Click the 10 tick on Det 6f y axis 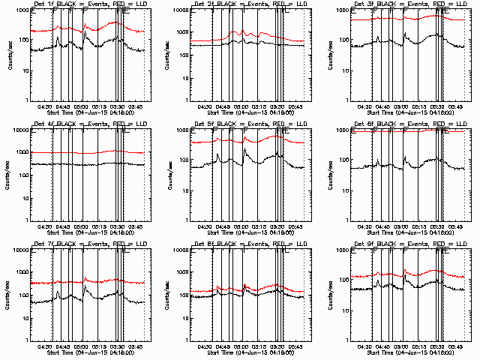346,190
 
